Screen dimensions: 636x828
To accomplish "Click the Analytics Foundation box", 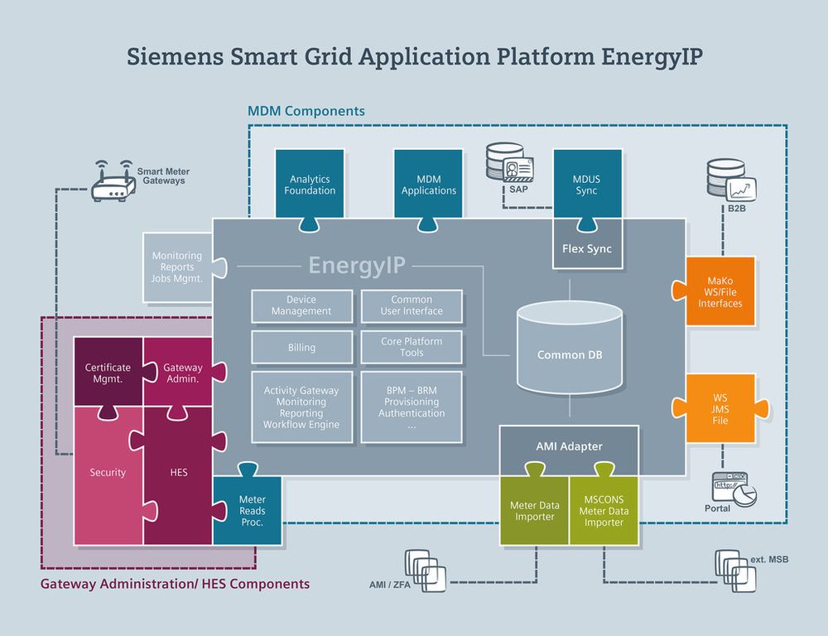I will coord(310,185).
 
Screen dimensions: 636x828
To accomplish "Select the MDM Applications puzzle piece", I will coord(428,185).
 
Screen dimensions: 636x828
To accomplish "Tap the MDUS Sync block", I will coord(587,185).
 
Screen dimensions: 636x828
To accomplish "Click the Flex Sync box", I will coord(587,248).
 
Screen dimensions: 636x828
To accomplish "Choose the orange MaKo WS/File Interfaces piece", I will coord(719,292).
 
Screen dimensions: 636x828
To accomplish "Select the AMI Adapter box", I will coord(569,446).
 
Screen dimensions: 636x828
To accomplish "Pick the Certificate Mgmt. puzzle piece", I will coord(108,373).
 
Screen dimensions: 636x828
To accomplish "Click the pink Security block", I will coord(108,473).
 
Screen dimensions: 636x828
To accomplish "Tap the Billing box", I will coord(301,348).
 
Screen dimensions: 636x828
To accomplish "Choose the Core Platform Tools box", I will coord(412,347).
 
